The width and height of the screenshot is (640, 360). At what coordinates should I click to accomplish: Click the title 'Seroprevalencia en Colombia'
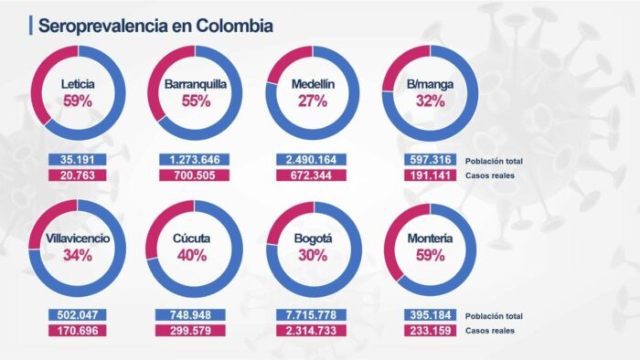(x=155, y=26)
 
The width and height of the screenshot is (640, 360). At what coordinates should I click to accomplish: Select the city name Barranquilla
(x=196, y=84)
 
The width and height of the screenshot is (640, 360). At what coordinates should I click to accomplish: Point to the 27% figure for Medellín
(x=313, y=101)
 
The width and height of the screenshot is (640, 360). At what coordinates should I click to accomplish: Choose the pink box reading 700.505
(x=194, y=175)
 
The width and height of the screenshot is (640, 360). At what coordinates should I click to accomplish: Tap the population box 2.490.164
(x=311, y=160)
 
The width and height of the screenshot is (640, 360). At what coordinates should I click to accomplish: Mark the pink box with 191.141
(x=426, y=175)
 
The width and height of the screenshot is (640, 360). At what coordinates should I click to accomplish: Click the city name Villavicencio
(x=79, y=238)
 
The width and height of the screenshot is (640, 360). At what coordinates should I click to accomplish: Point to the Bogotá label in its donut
(x=313, y=238)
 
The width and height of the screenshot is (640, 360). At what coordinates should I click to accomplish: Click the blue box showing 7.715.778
(x=311, y=315)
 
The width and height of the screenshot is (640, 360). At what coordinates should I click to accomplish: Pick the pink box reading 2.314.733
(x=311, y=331)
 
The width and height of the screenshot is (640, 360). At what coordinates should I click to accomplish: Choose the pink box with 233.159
(x=426, y=331)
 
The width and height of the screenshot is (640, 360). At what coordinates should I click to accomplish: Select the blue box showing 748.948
(x=194, y=315)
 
